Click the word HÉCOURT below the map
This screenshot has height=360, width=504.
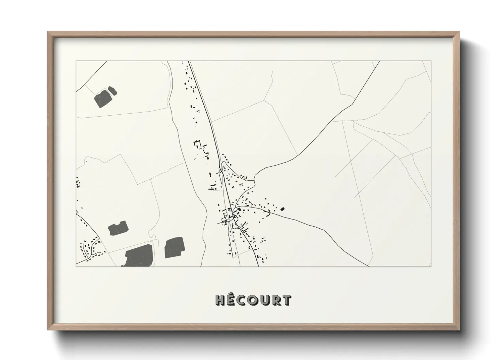coord(253,300)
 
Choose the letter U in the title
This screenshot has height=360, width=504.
coord(264,300)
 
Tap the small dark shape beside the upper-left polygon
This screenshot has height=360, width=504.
coord(112,91)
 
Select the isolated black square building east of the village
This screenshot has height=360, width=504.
coord(282,209)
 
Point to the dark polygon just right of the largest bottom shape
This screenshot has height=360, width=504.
coord(174,247)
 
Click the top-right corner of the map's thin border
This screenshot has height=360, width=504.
coord(431,61)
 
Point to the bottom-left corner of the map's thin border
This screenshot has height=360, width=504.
coord(76,266)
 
